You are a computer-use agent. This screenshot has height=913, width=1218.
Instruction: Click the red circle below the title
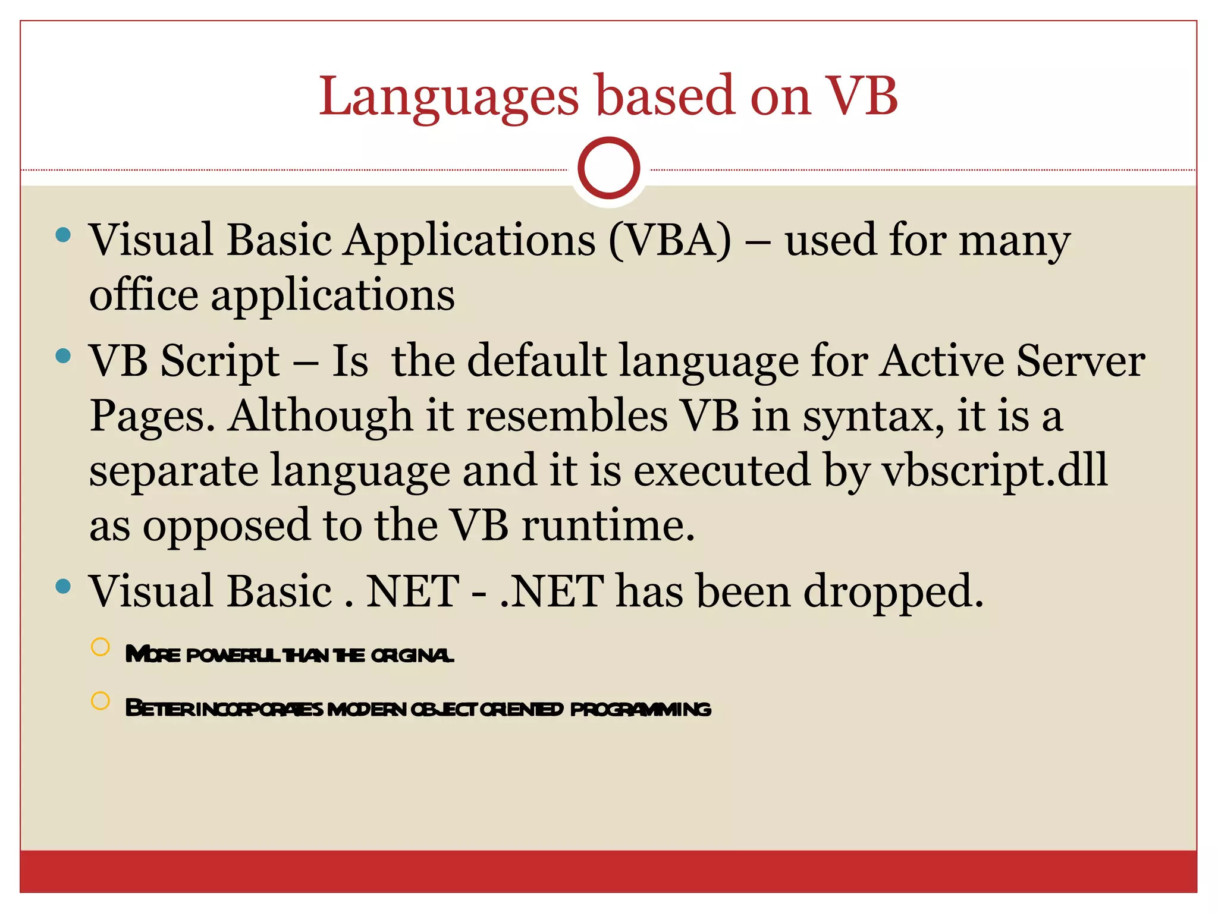[x=608, y=168]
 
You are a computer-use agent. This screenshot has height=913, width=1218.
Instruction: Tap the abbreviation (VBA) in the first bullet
[x=670, y=241]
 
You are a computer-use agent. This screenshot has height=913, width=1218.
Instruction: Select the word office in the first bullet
[x=144, y=295]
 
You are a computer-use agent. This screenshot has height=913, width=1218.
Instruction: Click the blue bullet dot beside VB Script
[x=63, y=356]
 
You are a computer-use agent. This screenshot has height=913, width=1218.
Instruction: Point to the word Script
[x=220, y=361]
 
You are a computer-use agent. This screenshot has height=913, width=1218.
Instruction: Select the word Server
[x=1080, y=361]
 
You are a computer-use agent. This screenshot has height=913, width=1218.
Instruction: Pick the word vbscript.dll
[x=994, y=470]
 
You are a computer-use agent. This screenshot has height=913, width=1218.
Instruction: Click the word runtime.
[x=608, y=526]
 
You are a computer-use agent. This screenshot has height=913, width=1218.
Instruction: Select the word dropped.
[x=893, y=593]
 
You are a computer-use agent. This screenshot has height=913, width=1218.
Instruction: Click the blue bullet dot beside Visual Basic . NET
[x=63, y=587]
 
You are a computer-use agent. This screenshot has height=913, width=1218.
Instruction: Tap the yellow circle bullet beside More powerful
[x=101, y=647]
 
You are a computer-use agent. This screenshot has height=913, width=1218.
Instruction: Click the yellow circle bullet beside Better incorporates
[x=101, y=701]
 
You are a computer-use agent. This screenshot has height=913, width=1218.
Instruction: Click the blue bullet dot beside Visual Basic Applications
[x=63, y=235]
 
